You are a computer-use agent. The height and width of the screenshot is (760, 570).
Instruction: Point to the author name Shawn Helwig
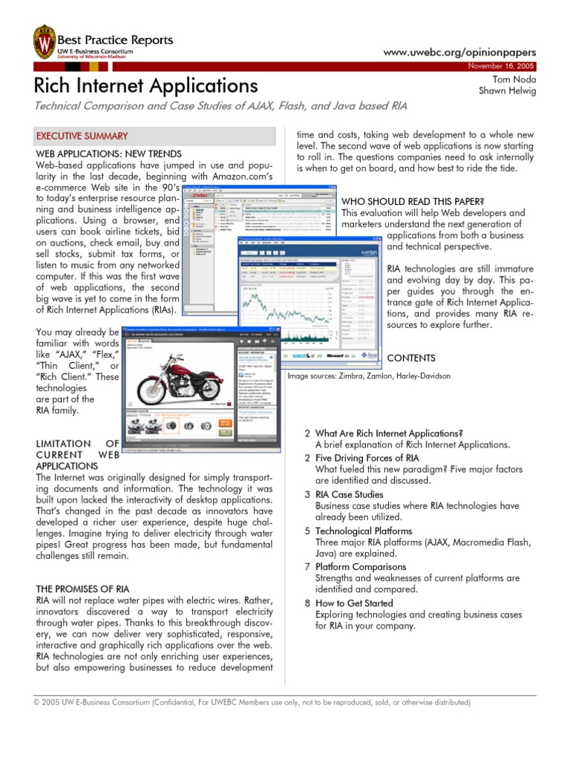[508, 91]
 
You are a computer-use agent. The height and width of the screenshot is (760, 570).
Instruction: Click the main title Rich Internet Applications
[146, 85]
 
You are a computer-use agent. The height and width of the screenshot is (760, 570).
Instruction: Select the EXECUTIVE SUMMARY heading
[82, 137]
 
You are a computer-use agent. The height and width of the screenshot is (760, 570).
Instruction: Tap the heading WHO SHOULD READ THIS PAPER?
[412, 201]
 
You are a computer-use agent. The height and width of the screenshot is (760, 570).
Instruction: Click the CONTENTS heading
[411, 358]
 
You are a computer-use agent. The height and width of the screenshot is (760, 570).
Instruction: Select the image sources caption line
[369, 376]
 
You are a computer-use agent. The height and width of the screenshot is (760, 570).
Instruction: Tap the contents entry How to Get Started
[354, 603]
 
